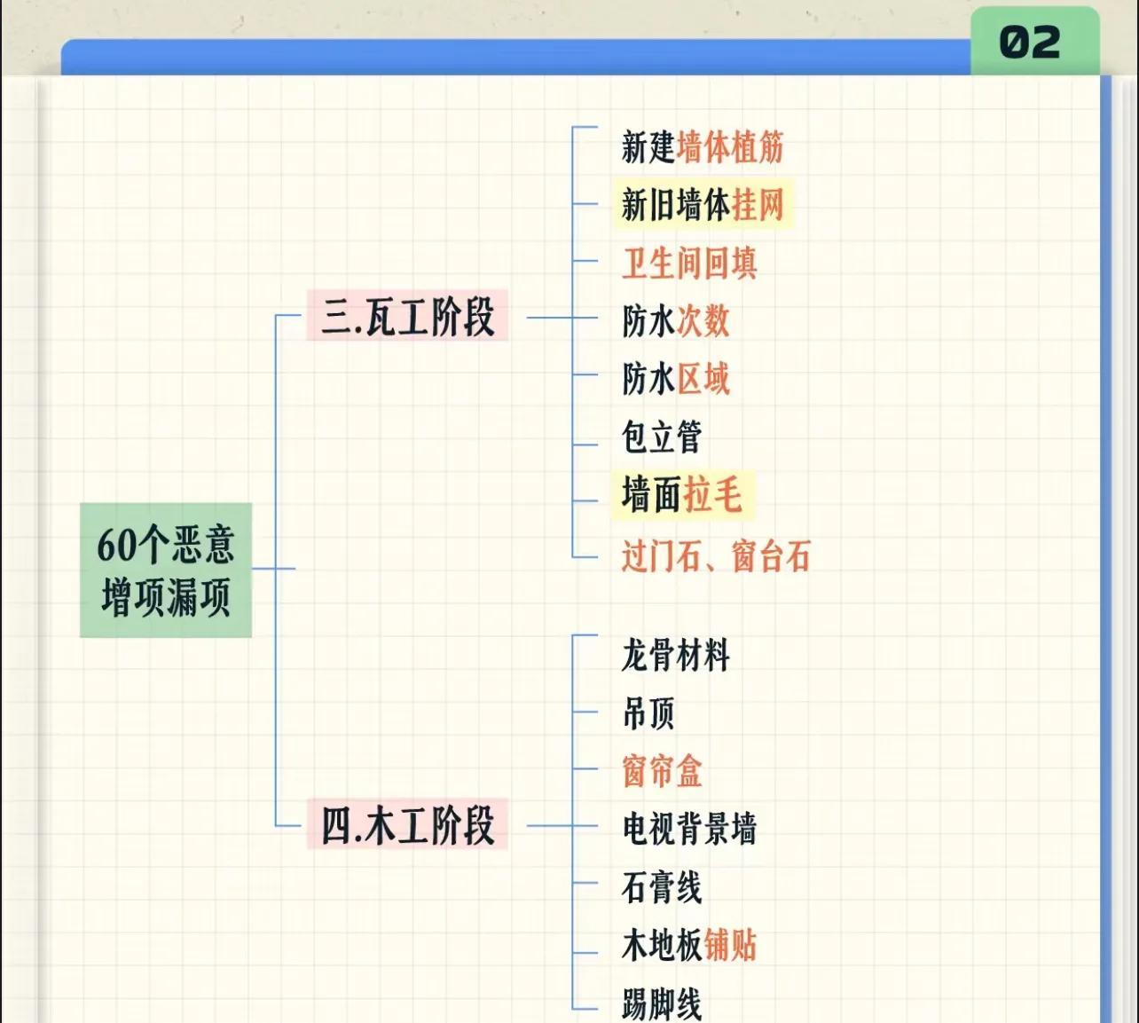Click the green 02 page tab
(1033, 42)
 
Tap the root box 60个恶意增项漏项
(166, 570)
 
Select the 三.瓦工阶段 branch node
(407, 316)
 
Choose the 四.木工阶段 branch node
(407, 825)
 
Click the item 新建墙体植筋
(703, 147)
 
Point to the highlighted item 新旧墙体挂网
(703, 205)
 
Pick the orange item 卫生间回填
(689, 264)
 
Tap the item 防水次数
(675, 321)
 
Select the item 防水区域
(675, 379)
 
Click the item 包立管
(662, 437)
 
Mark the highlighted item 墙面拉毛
(681, 494)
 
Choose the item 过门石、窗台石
(716, 557)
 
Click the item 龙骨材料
(675, 656)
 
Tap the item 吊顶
(648, 713)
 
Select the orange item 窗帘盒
(662, 771)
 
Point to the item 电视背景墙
(689, 829)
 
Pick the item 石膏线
(662, 887)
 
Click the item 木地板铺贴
(689, 945)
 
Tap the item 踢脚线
(662, 1003)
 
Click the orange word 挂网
(758, 205)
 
